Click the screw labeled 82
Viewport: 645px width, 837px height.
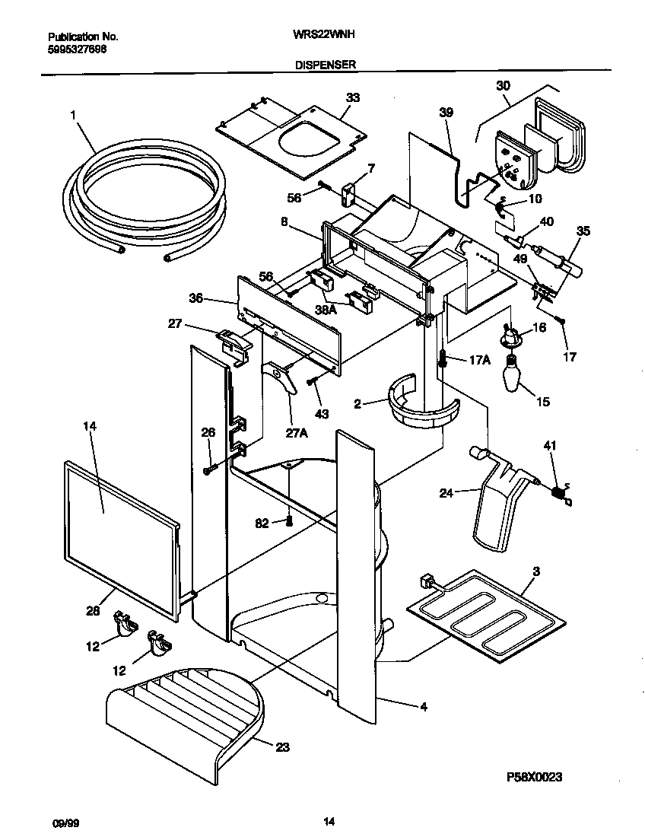[x=290, y=521]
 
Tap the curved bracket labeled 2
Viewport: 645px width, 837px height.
[x=421, y=403]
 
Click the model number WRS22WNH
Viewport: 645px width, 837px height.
[x=325, y=35]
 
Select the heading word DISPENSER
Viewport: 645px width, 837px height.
[x=326, y=65]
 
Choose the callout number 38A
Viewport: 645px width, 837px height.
[x=326, y=310]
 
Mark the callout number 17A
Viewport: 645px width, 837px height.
[x=479, y=360]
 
